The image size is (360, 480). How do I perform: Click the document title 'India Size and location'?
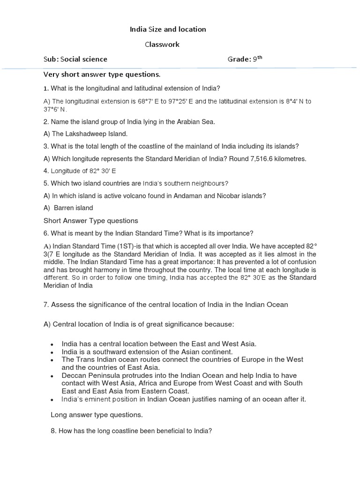tap(168, 29)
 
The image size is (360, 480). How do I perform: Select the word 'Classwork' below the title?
tap(161, 44)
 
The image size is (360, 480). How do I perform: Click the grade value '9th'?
tap(257, 59)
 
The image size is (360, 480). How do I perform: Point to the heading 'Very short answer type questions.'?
tap(102, 74)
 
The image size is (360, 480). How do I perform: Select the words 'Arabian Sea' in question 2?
tap(197, 122)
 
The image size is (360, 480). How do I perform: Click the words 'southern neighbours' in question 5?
tap(199, 183)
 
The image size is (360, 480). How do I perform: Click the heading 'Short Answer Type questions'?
tap(91, 221)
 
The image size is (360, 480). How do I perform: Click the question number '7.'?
tap(46, 305)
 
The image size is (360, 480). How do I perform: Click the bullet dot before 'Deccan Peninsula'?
tap(52, 376)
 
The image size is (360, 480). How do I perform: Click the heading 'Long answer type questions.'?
tap(97, 415)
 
